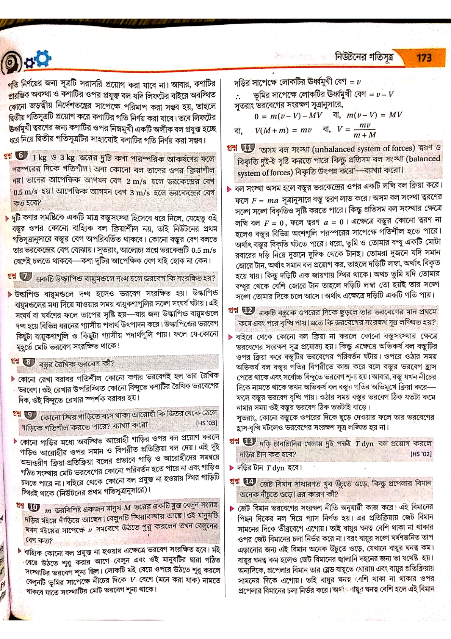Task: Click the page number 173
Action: (x=424, y=58)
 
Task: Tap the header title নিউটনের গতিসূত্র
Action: (x=364, y=57)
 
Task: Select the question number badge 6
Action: (x=22, y=155)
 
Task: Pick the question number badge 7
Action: (x=25, y=277)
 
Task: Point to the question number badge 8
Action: (x=28, y=362)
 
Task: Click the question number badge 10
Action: (x=33, y=507)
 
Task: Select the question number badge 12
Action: (x=248, y=310)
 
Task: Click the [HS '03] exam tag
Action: (x=207, y=423)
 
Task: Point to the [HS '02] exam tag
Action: (x=421, y=454)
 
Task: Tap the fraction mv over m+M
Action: (x=365, y=130)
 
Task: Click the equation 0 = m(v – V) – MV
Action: (x=288, y=115)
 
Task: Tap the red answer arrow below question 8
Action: (x=14, y=378)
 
